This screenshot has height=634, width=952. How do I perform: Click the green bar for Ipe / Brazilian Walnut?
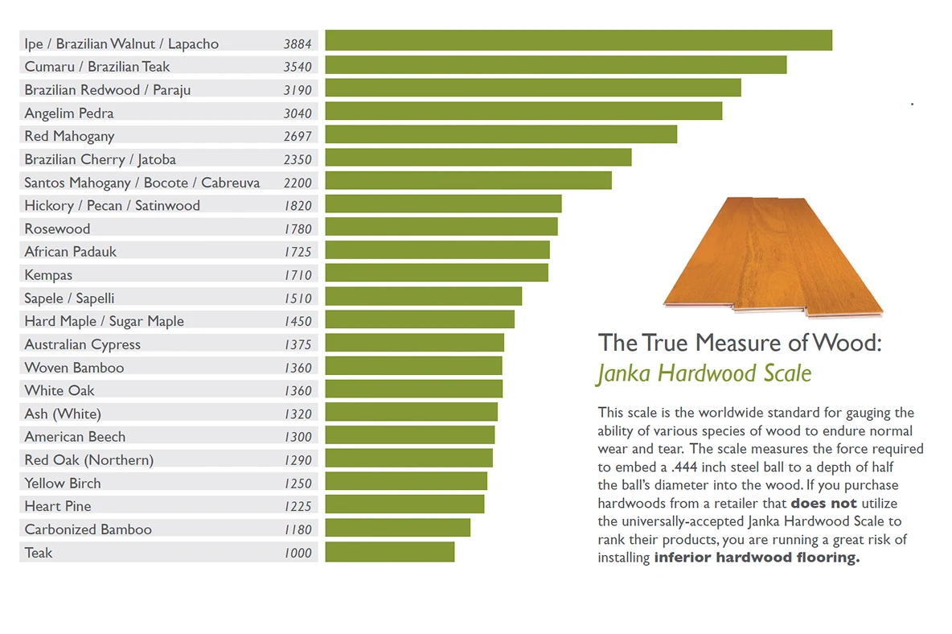point(579,40)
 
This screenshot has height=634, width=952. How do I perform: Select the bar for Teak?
point(390,552)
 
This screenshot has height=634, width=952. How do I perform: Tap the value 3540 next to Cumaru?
point(297,67)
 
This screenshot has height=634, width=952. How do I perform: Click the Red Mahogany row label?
point(69,137)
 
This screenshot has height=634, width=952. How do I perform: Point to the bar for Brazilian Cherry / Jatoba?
point(478,157)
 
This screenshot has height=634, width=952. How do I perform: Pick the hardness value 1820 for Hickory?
point(298,206)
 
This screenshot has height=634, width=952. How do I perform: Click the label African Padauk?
point(71,252)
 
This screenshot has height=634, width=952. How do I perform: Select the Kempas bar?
point(437,273)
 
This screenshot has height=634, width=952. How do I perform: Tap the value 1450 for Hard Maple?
point(298,321)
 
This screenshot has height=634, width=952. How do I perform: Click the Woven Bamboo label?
point(74,368)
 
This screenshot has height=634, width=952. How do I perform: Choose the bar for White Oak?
point(414,389)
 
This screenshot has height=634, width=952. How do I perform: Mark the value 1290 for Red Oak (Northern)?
point(298,460)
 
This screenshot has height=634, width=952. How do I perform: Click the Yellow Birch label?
point(63,484)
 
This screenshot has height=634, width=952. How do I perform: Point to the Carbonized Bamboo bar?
point(398,527)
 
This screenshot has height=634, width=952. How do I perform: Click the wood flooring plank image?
point(773,257)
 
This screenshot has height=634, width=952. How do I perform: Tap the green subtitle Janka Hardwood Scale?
point(704,373)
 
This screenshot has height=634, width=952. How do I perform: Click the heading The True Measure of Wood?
point(740,343)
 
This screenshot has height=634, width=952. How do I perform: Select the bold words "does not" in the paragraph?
point(823,504)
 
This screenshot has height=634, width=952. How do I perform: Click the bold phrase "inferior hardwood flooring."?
point(757,558)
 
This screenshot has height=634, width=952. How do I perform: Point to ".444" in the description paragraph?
point(684,467)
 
